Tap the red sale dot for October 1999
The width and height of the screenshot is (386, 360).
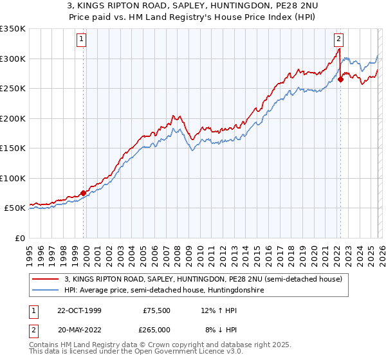(x=84, y=193)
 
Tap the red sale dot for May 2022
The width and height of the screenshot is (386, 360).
(x=340, y=80)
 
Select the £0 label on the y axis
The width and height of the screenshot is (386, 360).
(x=19, y=238)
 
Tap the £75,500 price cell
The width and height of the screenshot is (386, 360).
(x=154, y=310)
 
